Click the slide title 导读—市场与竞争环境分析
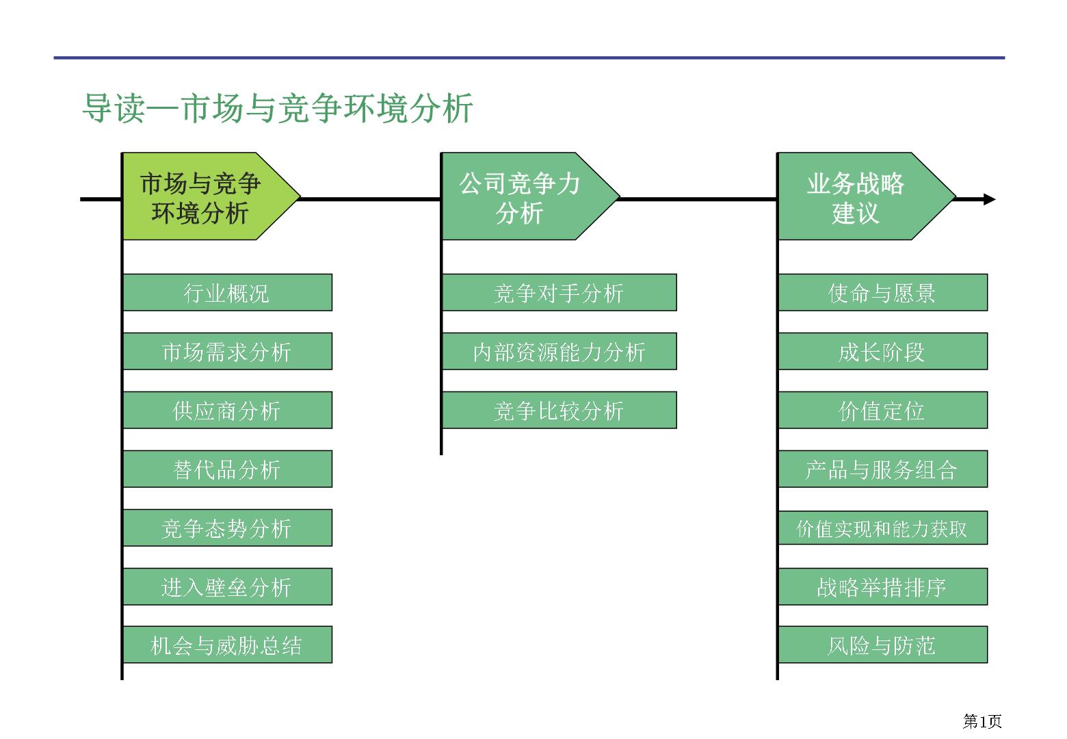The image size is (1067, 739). (x=278, y=109)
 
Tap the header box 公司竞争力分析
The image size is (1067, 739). (x=530, y=196)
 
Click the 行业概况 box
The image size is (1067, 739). (x=227, y=293)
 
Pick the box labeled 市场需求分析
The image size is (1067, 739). (x=227, y=352)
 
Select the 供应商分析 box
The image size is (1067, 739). (x=227, y=411)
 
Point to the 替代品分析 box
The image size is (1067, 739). (x=227, y=469)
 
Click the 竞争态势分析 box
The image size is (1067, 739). (x=227, y=528)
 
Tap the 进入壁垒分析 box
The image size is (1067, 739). (x=227, y=586)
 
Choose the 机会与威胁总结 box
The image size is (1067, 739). (x=227, y=645)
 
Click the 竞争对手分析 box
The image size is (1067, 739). (x=559, y=293)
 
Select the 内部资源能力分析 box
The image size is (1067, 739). (x=559, y=352)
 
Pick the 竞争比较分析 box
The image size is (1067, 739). (x=559, y=411)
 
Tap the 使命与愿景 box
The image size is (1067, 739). (x=882, y=293)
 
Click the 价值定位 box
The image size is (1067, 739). (x=882, y=411)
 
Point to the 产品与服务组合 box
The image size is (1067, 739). (x=882, y=469)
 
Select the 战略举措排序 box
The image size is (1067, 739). (x=882, y=586)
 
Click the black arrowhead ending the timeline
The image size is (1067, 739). (x=989, y=199)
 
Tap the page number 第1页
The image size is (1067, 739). (x=982, y=721)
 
